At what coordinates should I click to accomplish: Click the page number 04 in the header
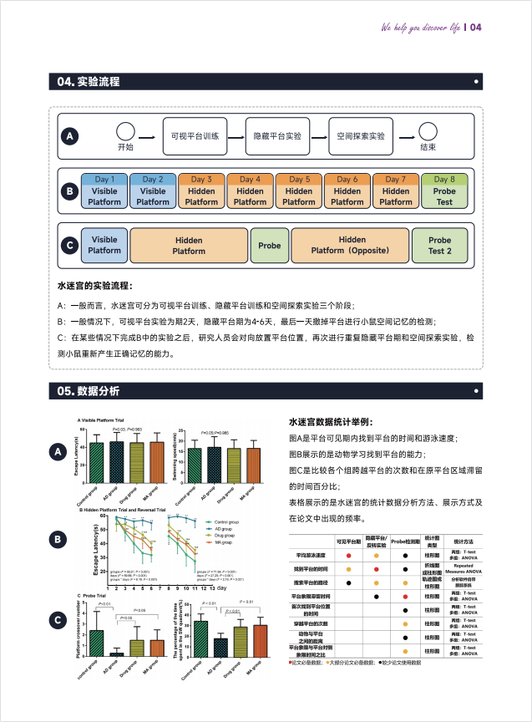[x=476, y=27]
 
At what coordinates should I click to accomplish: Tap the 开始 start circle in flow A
[x=125, y=132]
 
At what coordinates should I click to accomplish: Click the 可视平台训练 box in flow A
[x=194, y=135]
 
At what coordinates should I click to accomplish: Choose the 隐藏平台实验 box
[x=277, y=135]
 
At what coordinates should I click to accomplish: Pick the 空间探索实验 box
[x=361, y=135]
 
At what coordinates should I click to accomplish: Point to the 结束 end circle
[x=428, y=132]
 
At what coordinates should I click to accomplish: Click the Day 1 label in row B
[x=104, y=179]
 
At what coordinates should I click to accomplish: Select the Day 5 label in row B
[x=299, y=179]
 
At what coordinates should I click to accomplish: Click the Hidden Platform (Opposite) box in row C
[x=351, y=245]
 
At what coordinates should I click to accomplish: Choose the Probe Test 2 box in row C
[x=439, y=245]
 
